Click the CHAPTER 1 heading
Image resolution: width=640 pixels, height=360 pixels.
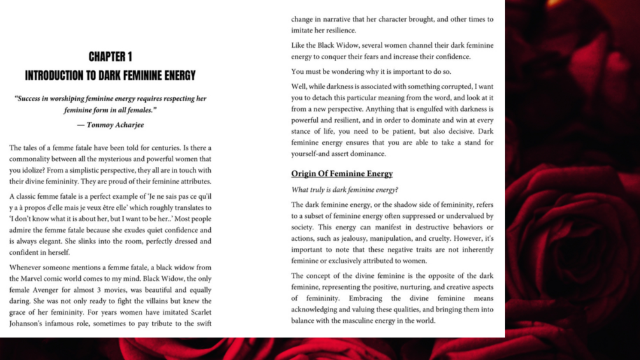click(x=110, y=57)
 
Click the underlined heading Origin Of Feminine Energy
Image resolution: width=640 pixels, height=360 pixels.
click(x=342, y=173)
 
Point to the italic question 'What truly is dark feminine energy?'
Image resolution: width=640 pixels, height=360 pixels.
click(x=345, y=190)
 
